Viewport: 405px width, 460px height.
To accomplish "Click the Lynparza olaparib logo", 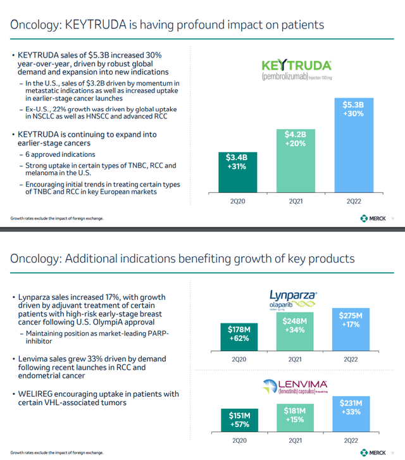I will tap(292, 301).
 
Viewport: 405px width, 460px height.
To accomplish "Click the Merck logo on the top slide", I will tap(373, 218).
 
